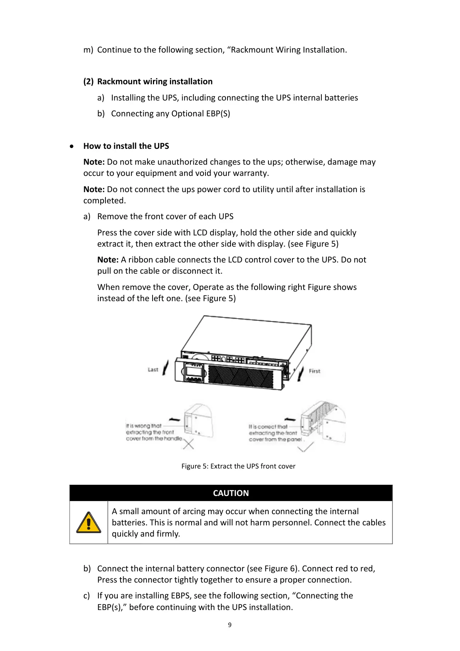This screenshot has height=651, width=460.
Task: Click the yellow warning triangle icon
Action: click(x=88, y=523)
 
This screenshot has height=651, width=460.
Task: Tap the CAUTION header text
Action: click(x=231, y=493)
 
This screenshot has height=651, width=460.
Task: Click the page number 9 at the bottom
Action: click(x=230, y=625)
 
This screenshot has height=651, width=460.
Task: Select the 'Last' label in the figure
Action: click(x=153, y=370)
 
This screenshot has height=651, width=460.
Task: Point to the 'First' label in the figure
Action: click(x=314, y=371)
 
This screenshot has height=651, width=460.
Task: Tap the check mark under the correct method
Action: click(x=306, y=447)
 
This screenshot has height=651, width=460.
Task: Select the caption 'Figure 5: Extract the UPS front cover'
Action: click(x=238, y=466)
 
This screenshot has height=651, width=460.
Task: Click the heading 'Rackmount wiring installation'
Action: click(x=154, y=82)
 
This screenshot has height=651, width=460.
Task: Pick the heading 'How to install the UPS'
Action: click(x=126, y=146)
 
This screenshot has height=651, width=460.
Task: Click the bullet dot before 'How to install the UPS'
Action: click(x=72, y=147)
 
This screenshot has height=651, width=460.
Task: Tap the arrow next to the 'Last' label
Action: click(x=165, y=367)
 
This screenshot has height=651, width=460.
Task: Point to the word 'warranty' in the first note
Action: click(x=251, y=173)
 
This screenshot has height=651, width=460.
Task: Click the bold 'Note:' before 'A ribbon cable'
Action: click(x=108, y=260)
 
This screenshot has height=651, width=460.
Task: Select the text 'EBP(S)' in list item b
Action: click(x=218, y=114)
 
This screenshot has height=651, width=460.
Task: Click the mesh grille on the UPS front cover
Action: click(x=243, y=376)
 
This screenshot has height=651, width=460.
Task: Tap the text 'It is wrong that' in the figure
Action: click(x=143, y=426)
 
